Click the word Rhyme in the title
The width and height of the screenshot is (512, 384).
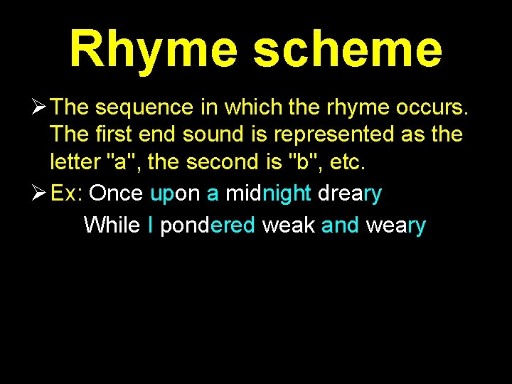click(x=154, y=50)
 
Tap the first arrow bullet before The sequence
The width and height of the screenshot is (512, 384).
click(x=38, y=107)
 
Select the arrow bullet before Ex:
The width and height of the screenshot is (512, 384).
click(x=38, y=193)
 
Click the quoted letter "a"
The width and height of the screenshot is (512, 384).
click(x=115, y=161)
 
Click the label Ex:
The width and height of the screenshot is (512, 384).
click(x=68, y=193)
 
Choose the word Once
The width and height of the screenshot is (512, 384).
click(x=117, y=193)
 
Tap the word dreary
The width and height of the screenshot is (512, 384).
click(x=350, y=194)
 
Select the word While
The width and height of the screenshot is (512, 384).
click(x=111, y=225)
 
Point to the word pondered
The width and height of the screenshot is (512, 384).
click(x=207, y=226)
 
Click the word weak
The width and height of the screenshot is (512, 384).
click(x=288, y=225)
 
